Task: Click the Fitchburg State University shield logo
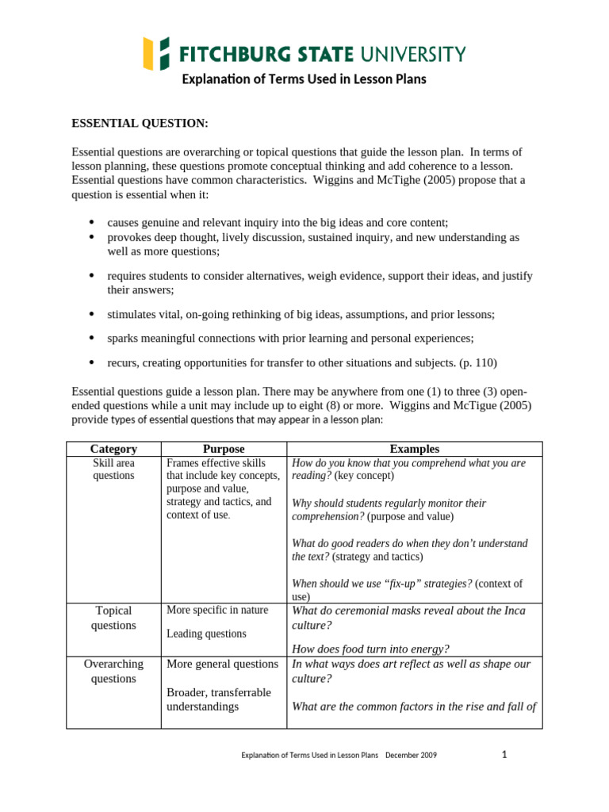pyautogui.click(x=156, y=53)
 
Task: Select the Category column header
pyautogui.click(x=113, y=449)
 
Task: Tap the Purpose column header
pyautogui.click(x=223, y=449)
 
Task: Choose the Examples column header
pyautogui.click(x=414, y=449)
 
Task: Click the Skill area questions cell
pyautogui.click(x=113, y=469)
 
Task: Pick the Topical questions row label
pyautogui.click(x=113, y=618)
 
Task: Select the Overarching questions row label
pyautogui.click(x=113, y=671)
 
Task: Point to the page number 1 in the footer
pyautogui.click(x=504, y=755)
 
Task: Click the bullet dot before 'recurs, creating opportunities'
pyautogui.click(x=91, y=362)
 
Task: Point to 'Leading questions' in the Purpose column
pyautogui.click(x=206, y=634)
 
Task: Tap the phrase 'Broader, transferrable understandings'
pyautogui.click(x=218, y=699)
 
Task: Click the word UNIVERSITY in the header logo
pyautogui.click(x=412, y=54)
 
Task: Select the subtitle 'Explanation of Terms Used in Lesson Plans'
pyautogui.click(x=304, y=79)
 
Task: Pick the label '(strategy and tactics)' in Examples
pyautogui.click(x=364, y=557)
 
